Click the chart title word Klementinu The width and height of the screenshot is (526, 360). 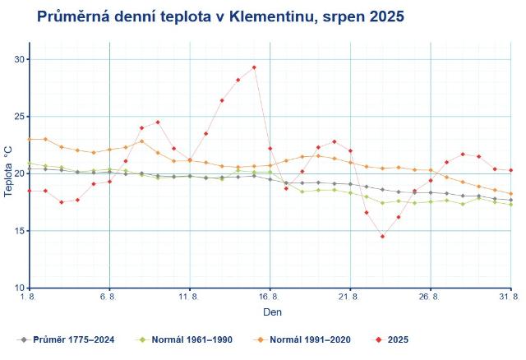[284, 16]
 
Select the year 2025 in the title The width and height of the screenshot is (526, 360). [385, 16]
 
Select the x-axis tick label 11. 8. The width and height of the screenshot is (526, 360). [190, 298]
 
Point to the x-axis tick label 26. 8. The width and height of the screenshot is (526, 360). [431, 298]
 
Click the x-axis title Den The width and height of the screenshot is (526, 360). [272, 313]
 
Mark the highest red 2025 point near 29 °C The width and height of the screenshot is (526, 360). [254, 67]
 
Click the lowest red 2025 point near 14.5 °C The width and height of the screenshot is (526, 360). [382, 236]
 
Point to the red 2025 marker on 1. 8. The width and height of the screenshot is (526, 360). [30, 191]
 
